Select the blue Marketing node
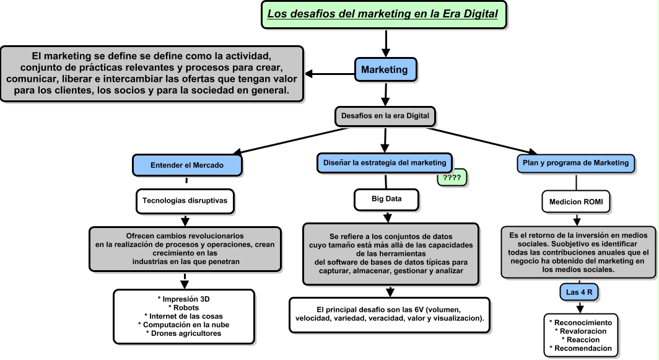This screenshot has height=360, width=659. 385,69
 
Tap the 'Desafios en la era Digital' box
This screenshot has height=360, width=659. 385,115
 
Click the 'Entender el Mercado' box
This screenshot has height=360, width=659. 186,165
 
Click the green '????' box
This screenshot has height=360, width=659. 452,178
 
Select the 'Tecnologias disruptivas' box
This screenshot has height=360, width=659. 185,201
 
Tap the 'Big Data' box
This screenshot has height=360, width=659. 386,200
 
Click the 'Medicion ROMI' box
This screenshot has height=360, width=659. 576,201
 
